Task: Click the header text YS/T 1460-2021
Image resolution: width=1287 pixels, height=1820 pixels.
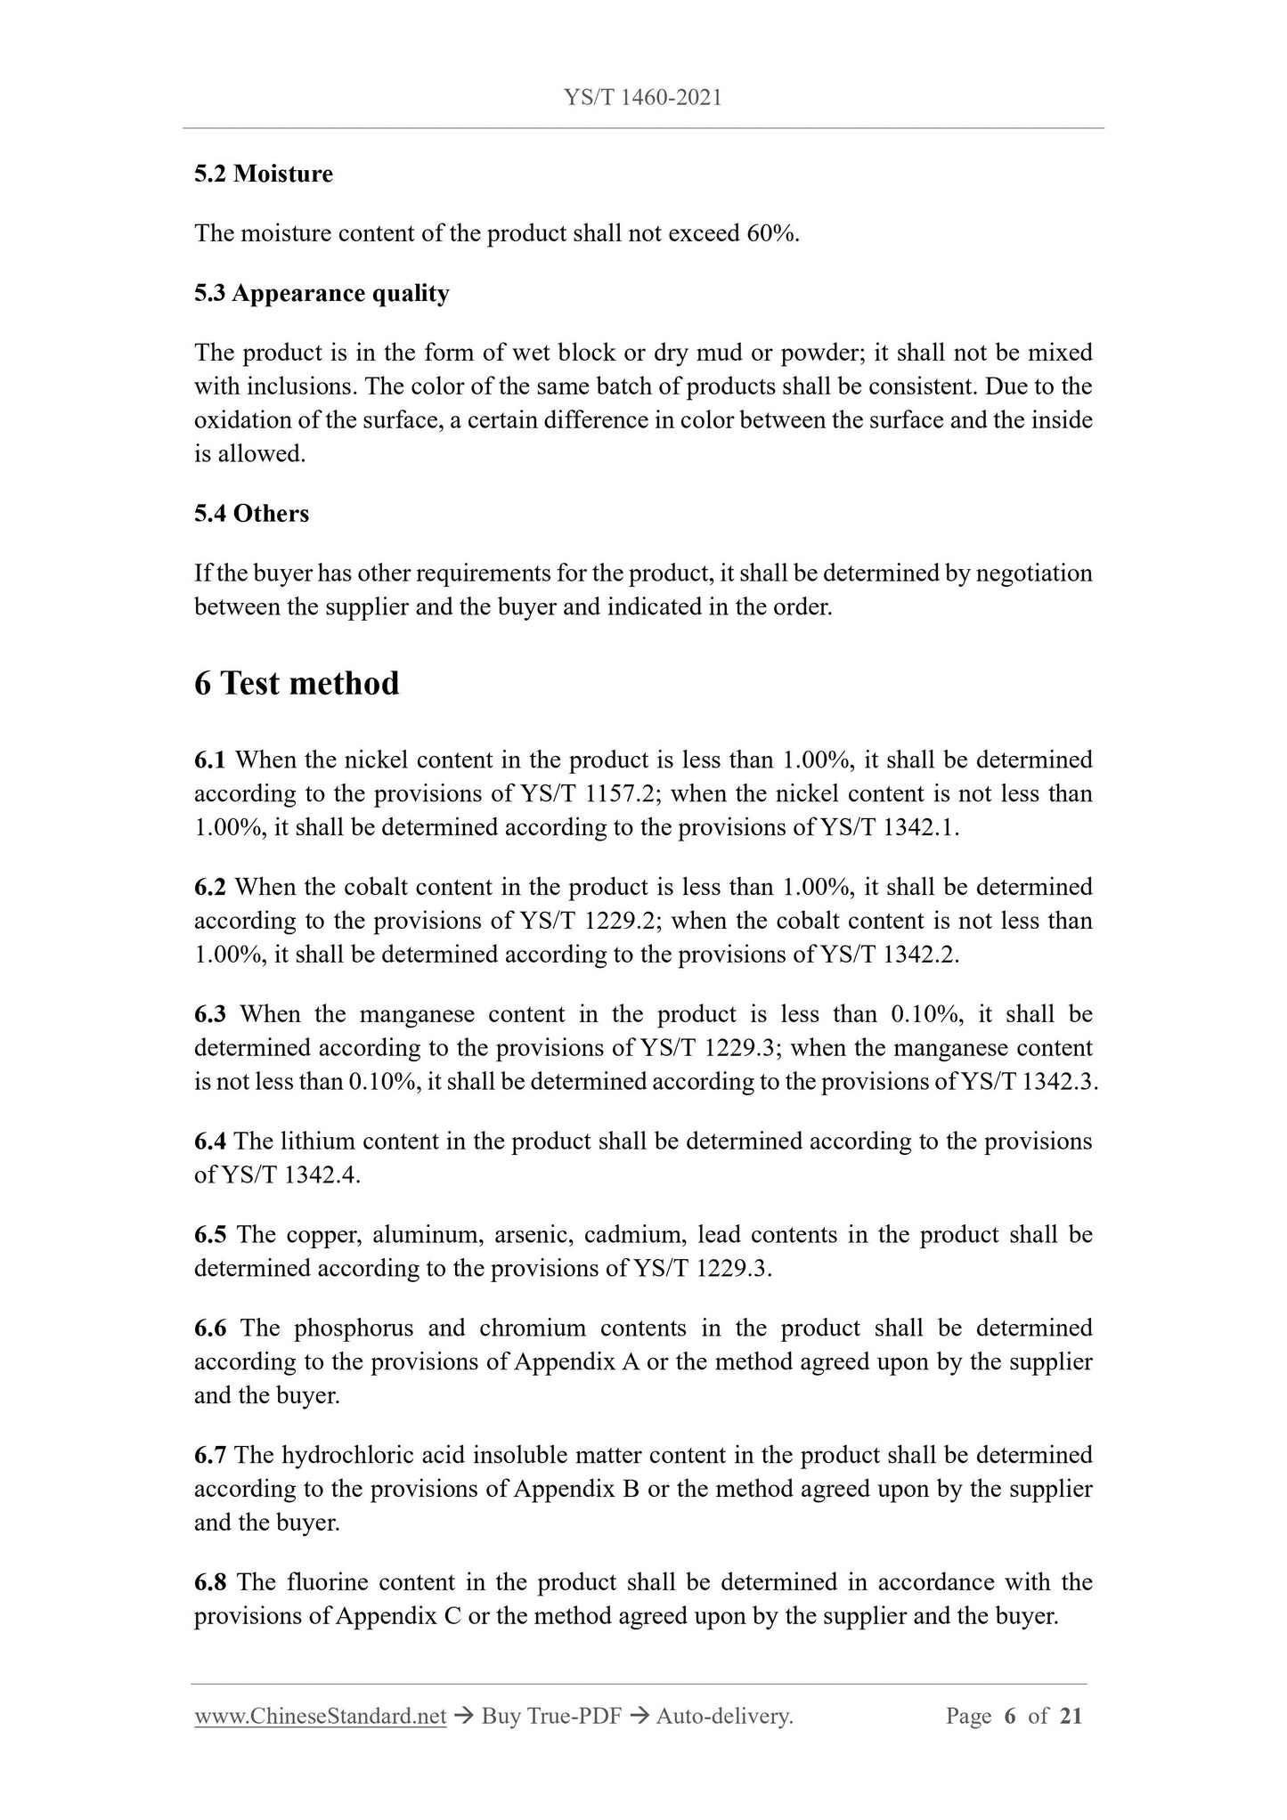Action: click(642, 97)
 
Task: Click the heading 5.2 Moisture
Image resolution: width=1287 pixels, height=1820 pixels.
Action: click(264, 174)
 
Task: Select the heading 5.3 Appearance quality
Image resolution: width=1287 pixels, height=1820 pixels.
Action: click(322, 293)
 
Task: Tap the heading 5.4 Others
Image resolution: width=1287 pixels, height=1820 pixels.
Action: click(251, 514)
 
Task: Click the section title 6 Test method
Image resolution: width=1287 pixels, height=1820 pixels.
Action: click(297, 684)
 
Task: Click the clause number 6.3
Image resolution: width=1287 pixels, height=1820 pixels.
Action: click(210, 1014)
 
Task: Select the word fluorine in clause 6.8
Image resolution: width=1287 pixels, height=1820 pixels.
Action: click(328, 1582)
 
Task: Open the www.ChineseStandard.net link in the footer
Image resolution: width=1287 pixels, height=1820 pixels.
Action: click(320, 1716)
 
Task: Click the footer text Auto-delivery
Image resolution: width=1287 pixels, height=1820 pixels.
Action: click(723, 1716)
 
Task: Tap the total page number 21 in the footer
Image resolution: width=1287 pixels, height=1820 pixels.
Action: click(1071, 1716)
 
